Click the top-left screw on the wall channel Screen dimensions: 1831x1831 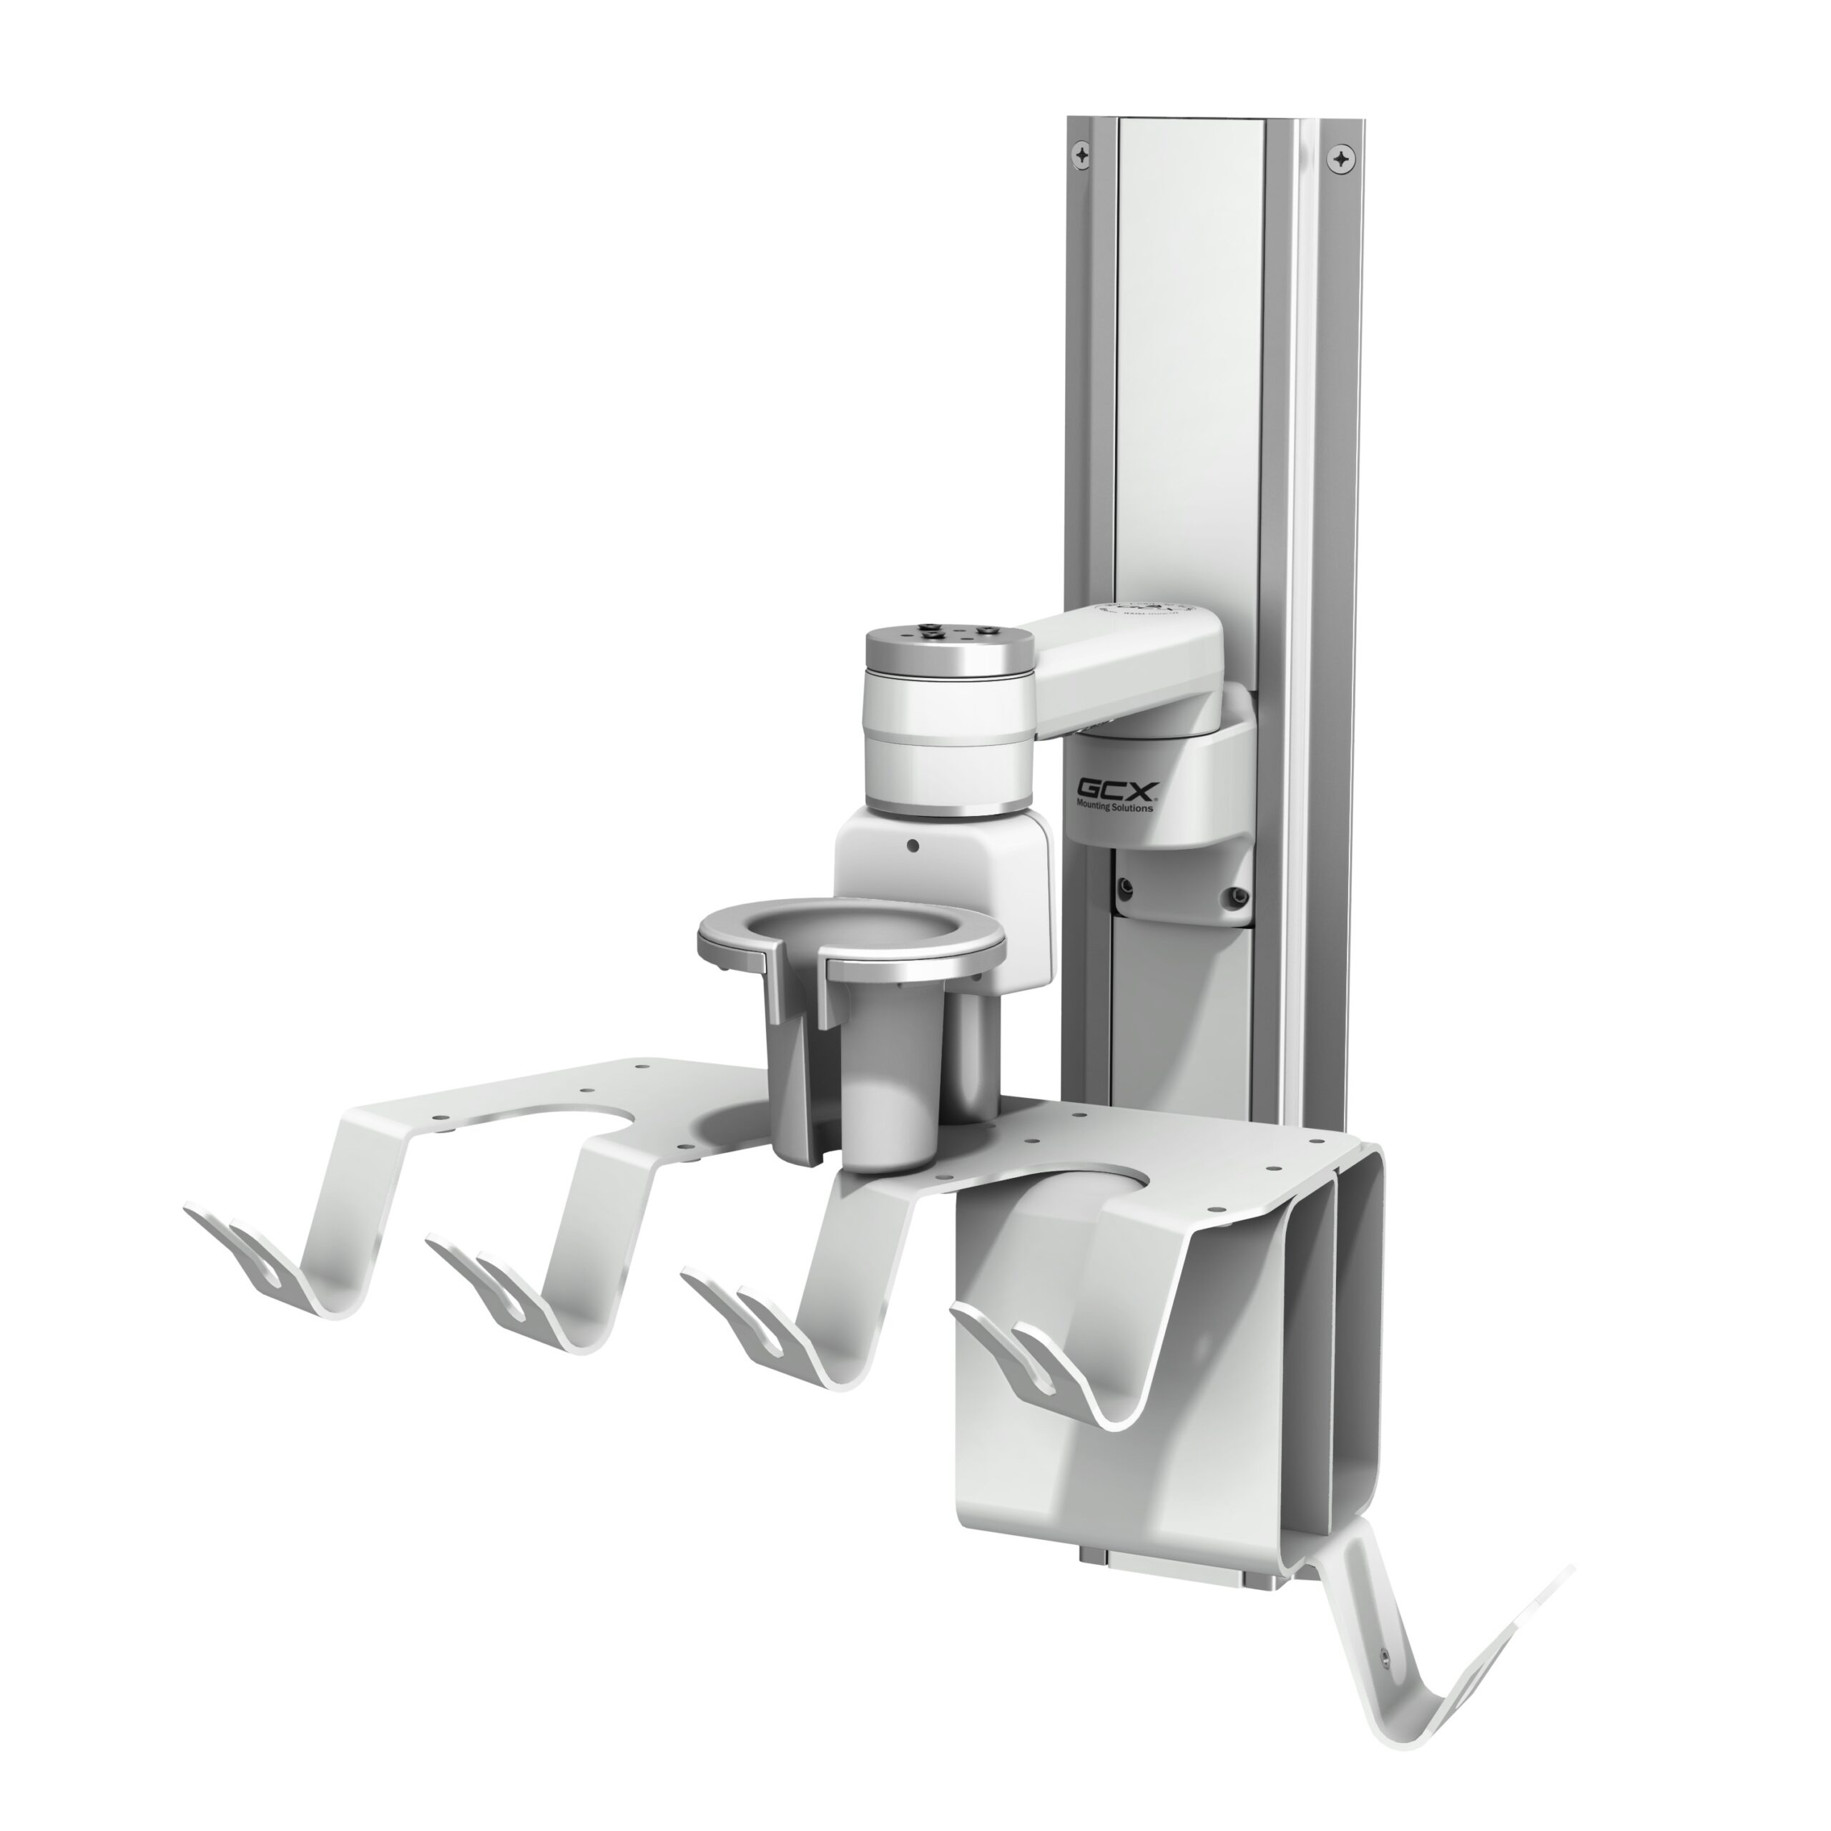[x=1082, y=154]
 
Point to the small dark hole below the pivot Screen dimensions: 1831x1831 [x=912, y=845]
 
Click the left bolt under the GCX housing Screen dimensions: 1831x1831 [x=1125, y=887]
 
